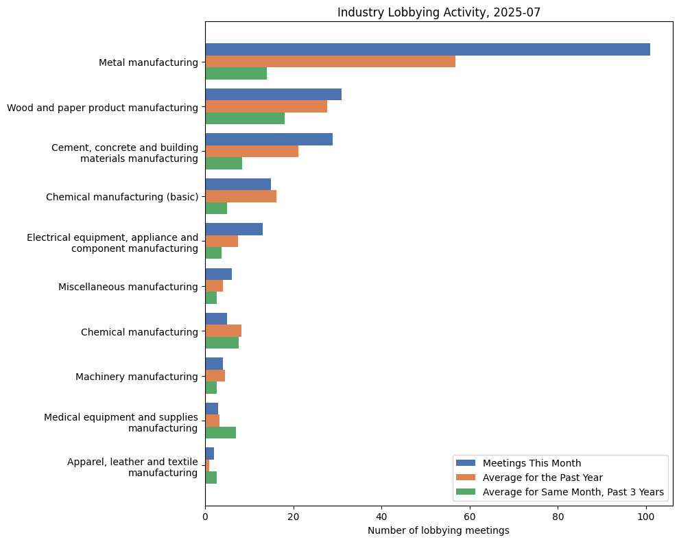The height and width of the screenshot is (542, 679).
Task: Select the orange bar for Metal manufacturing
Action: (x=330, y=62)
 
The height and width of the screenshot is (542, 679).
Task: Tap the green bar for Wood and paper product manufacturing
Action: (x=245, y=118)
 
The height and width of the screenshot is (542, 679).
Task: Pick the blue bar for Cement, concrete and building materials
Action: (x=269, y=139)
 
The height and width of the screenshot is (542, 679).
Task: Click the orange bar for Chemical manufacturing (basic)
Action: (x=241, y=196)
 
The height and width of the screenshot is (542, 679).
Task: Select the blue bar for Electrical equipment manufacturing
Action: (x=234, y=229)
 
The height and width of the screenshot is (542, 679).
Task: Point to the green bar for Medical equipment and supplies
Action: (x=220, y=432)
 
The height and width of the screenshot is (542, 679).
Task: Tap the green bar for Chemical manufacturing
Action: (x=222, y=343)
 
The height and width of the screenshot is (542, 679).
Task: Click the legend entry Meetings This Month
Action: (x=532, y=462)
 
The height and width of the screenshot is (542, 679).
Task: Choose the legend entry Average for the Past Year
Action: (x=543, y=477)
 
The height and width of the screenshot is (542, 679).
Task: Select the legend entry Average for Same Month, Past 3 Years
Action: (x=573, y=492)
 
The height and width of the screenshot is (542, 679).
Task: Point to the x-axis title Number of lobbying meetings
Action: (x=438, y=530)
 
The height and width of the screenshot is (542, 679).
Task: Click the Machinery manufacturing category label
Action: (x=136, y=377)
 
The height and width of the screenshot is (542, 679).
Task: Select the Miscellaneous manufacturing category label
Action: (x=128, y=287)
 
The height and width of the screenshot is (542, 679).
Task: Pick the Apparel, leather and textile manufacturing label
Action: (x=132, y=467)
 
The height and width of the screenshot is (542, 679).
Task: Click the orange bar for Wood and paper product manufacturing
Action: (x=266, y=106)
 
